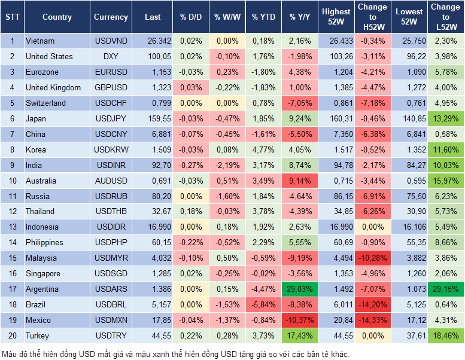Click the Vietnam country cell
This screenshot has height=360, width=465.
coord(41,41)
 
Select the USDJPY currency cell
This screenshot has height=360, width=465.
coord(111,118)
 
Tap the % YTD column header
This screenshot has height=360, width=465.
coord(263,17)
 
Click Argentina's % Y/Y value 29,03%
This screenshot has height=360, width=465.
coord(300,289)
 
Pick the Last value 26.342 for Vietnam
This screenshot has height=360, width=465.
coord(153,41)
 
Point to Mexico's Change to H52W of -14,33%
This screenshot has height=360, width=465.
coord(372,320)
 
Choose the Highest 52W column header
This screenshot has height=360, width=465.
coord(336,17)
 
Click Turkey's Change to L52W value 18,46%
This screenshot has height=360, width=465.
coord(445,335)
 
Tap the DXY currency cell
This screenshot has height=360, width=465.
coord(111,56)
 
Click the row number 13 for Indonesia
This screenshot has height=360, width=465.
coord(11,227)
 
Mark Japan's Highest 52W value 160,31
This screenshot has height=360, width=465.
coord(336,118)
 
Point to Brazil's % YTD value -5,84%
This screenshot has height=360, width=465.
coord(263,304)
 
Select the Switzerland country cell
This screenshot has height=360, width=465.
coord(46,103)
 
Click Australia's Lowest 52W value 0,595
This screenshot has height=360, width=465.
coord(409,181)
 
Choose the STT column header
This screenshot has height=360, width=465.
coord(11,17)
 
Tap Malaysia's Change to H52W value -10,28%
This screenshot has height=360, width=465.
coord(372,258)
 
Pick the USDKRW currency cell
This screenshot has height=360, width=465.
coord(111,150)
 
